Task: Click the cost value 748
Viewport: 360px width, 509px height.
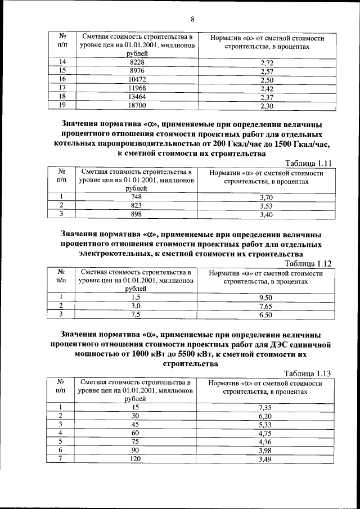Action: click(x=136, y=197)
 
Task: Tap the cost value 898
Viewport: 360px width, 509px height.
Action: click(x=136, y=214)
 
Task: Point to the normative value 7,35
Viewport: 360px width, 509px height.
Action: click(x=265, y=407)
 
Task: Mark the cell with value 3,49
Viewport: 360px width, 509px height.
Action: click(x=265, y=460)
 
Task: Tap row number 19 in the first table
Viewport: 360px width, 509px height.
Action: click(x=62, y=105)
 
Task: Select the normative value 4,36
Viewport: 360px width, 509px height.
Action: click(x=265, y=443)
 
